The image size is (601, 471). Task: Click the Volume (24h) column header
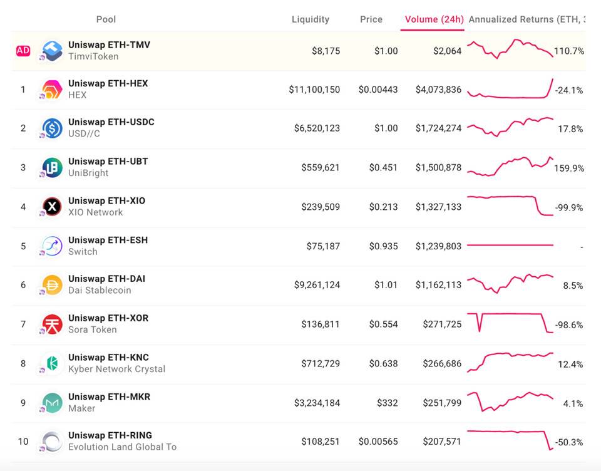click(x=434, y=19)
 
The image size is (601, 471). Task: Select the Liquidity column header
click(x=311, y=19)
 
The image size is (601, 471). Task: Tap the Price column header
click(x=371, y=19)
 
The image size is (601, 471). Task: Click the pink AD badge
click(x=23, y=51)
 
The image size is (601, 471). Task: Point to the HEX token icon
click(x=52, y=90)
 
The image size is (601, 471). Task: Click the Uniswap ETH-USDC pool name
click(x=111, y=122)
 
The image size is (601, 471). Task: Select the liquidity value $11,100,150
click(x=314, y=90)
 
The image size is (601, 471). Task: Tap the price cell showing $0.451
click(x=383, y=168)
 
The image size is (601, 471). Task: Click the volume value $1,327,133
click(x=438, y=207)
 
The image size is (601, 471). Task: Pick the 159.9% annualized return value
click(x=568, y=168)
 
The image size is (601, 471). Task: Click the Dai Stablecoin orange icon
click(x=52, y=285)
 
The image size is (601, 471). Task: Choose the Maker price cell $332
click(x=387, y=403)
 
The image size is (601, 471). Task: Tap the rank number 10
click(x=23, y=442)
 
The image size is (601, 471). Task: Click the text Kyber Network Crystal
click(x=117, y=369)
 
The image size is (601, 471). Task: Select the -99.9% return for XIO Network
click(x=568, y=207)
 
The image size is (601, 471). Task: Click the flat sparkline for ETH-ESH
click(x=510, y=245)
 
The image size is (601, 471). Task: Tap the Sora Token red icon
click(x=52, y=324)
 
